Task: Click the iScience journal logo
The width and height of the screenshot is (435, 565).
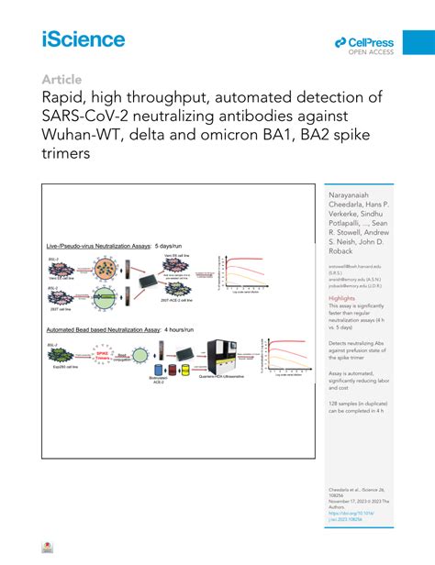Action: click(83, 39)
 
